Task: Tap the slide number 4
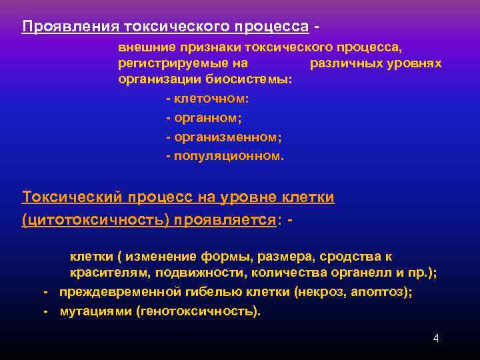click(436, 338)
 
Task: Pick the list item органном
click(207, 118)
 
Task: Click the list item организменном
click(227, 137)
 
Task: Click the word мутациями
click(96, 311)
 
